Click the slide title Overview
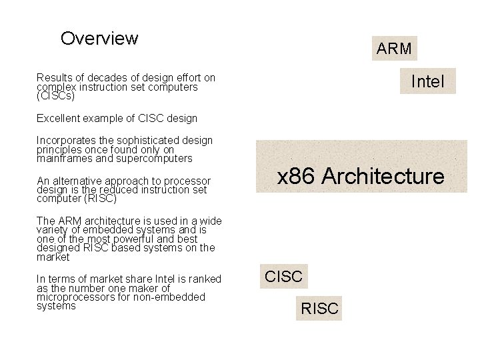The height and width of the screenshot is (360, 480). coord(99,39)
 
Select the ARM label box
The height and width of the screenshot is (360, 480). coord(394,49)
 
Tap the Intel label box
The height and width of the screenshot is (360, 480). coord(427,81)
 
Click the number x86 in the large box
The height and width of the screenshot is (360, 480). coord(295,177)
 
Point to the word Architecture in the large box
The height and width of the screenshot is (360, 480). coord(382,177)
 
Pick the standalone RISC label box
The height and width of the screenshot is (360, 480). coord(320,309)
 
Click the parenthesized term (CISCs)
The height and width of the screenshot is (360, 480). coord(55,97)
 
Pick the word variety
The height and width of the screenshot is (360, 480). coord(53,230)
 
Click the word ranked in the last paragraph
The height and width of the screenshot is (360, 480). coord(203,279)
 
